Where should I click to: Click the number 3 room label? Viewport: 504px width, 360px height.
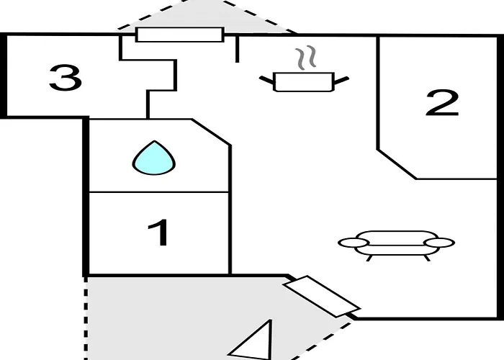tap(66, 78)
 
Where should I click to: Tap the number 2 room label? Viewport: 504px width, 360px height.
tap(442, 103)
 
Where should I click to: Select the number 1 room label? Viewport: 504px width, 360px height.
tap(159, 233)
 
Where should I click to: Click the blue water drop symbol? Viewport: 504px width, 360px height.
tap(154, 158)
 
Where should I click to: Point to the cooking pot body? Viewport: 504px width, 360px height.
tap(304, 82)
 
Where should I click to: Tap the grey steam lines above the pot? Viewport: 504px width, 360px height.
tap(306, 58)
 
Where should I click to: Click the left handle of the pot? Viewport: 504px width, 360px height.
tap(267, 80)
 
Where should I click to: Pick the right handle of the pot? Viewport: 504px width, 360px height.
tap(341, 81)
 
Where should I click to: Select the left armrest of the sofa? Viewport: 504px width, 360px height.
tap(353, 243)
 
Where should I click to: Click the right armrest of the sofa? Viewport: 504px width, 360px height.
tap(439, 243)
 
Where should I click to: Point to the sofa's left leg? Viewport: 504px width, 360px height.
tap(369, 258)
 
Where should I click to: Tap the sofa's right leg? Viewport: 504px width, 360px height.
tap(427, 258)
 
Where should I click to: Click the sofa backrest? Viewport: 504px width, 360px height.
tap(397, 237)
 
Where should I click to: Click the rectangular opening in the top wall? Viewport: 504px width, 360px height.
tap(180, 35)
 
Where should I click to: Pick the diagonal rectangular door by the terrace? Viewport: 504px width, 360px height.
tap(322, 297)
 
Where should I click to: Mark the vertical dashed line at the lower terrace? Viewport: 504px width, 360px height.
tap(86, 318)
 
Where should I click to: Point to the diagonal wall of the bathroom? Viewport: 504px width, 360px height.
tap(211, 132)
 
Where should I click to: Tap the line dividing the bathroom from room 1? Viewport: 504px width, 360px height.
tap(159, 192)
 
